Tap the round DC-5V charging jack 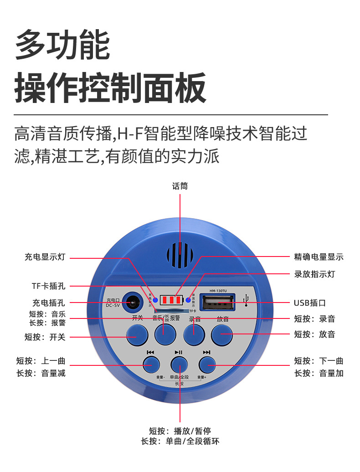pyautogui.click(x=133, y=301)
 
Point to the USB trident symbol pyautogui.click(x=247, y=301)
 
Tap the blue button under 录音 pyautogui.click(x=194, y=334)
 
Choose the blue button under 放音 pyautogui.click(x=222, y=334)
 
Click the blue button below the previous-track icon pyautogui.click(x=151, y=364)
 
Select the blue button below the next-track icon pyautogui.click(x=207, y=364)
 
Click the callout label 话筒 pyautogui.click(x=180, y=186)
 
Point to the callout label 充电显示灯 pyautogui.click(x=45, y=257)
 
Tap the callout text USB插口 pyautogui.click(x=310, y=303)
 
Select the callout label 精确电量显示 pyautogui.click(x=319, y=257)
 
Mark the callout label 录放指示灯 pyautogui.click(x=314, y=274)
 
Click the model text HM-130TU pyautogui.click(x=217, y=290)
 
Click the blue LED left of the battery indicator pyautogui.click(x=155, y=300)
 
